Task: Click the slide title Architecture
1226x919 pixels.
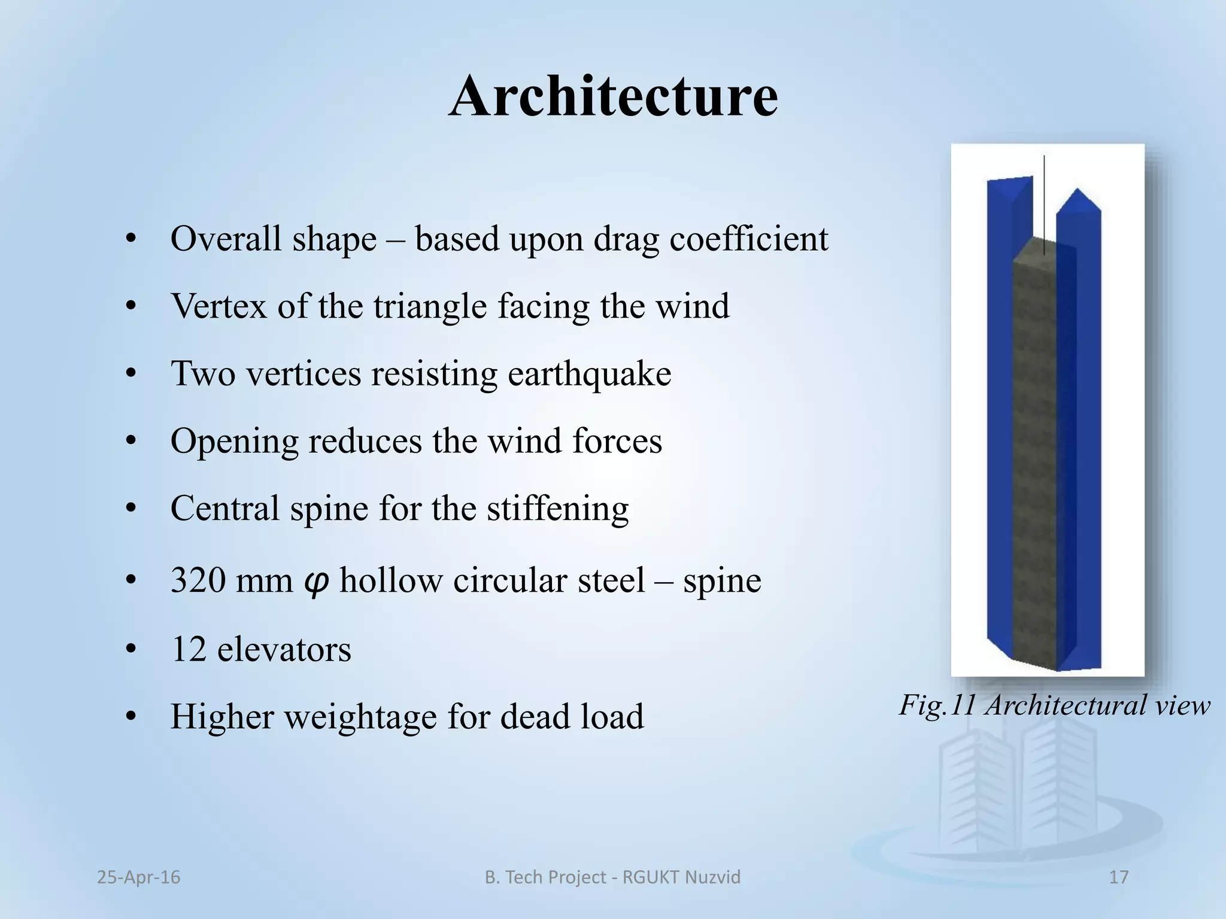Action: pyautogui.click(x=613, y=97)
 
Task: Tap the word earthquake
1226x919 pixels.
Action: pyautogui.click(x=589, y=375)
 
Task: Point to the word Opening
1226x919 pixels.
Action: pyautogui.click(x=234, y=442)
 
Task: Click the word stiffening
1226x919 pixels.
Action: pyautogui.click(x=557, y=509)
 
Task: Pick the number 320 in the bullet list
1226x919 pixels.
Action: pyautogui.click(x=198, y=580)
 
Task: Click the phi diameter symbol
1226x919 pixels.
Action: pyautogui.click(x=315, y=581)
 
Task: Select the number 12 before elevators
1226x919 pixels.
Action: pyautogui.click(x=189, y=649)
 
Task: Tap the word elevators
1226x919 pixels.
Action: pyautogui.click(x=284, y=649)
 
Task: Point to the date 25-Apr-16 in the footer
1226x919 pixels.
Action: pyautogui.click(x=138, y=877)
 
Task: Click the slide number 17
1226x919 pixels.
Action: pyautogui.click(x=1118, y=877)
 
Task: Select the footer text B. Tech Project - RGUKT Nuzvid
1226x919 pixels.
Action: pyautogui.click(x=612, y=877)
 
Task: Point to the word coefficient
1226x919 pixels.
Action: pyautogui.click(x=748, y=239)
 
